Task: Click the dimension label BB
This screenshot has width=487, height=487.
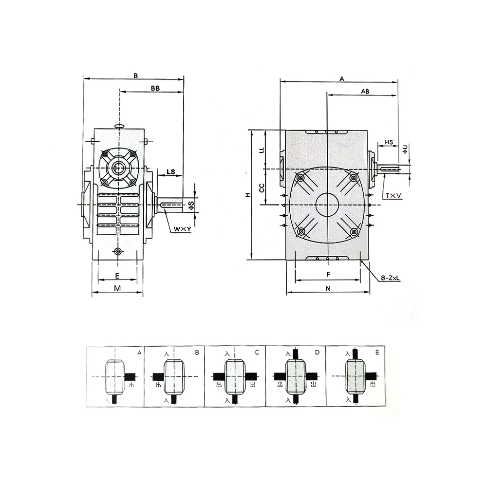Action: (x=155, y=88)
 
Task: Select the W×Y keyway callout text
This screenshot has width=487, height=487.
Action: (x=182, y=229)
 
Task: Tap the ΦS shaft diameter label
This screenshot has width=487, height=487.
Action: (x=191, y=205)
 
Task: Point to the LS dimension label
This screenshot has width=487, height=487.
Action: (x=171, y=171)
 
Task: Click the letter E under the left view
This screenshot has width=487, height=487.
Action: (x=117, y=276)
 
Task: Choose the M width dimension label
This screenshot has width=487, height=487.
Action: (x=117, y=288)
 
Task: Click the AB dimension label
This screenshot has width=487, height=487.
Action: (x=365, y=92)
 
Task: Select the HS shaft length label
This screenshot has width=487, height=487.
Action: (x=389, y=142)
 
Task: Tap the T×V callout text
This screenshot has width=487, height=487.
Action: (x=393, y=196)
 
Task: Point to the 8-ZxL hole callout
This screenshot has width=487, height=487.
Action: (x=391, y=278)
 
